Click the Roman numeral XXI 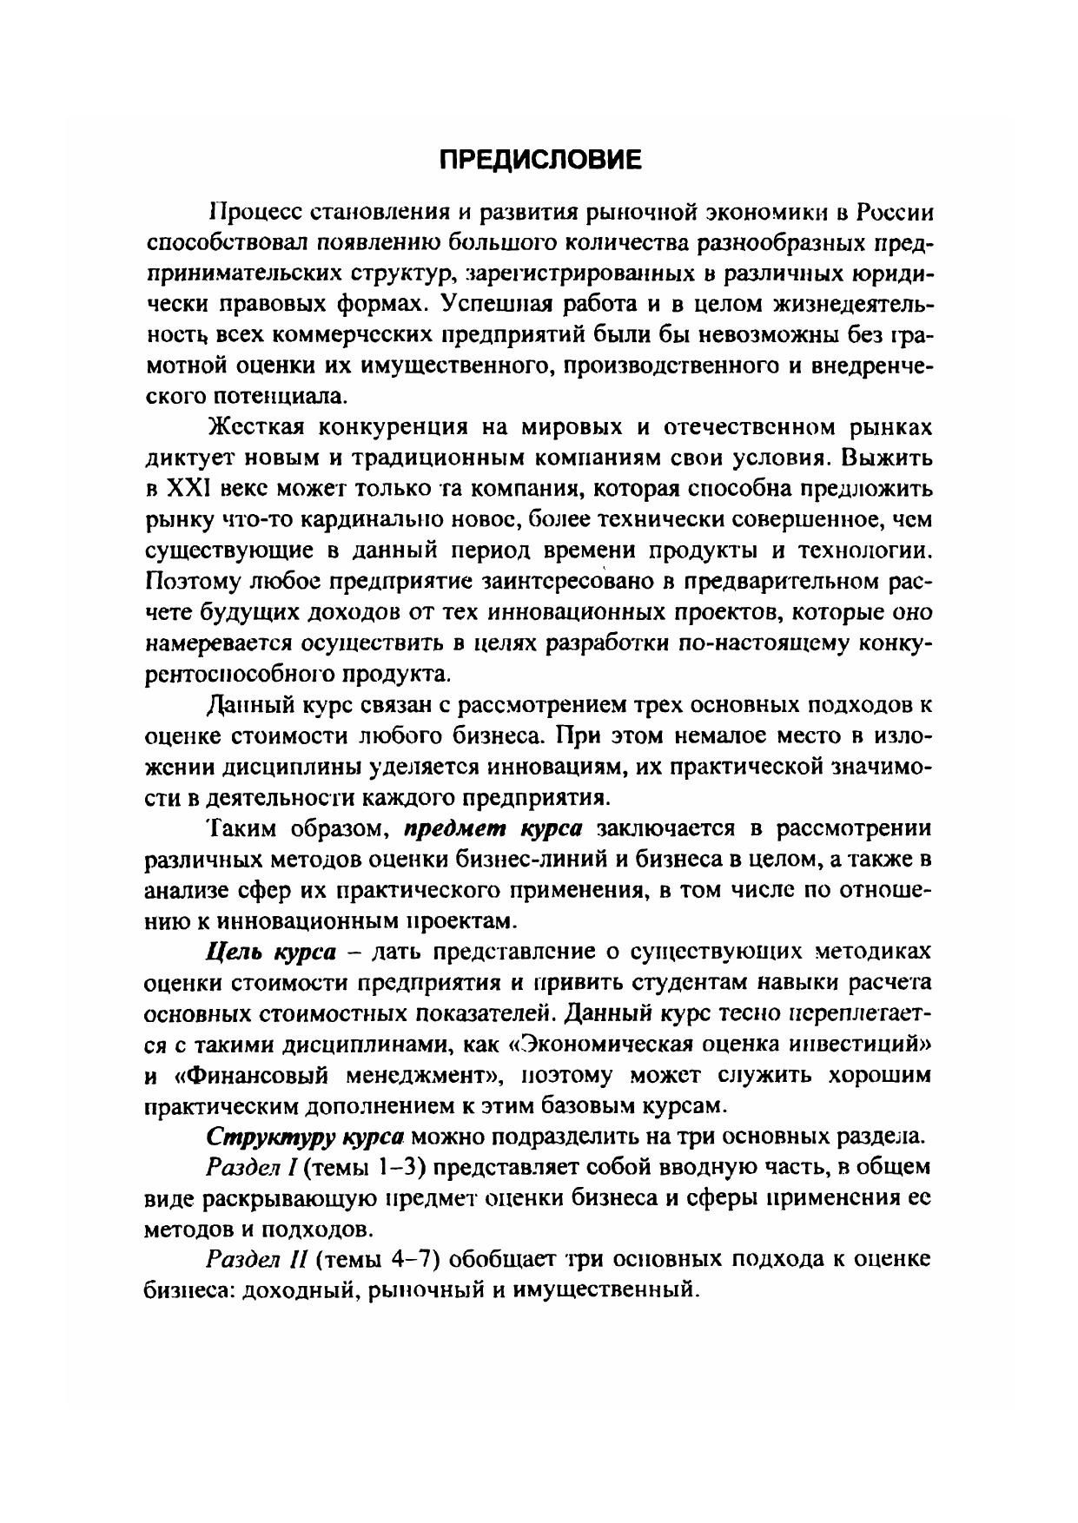[186, 490]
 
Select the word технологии [864, 551]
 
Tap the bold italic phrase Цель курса [270, 952]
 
